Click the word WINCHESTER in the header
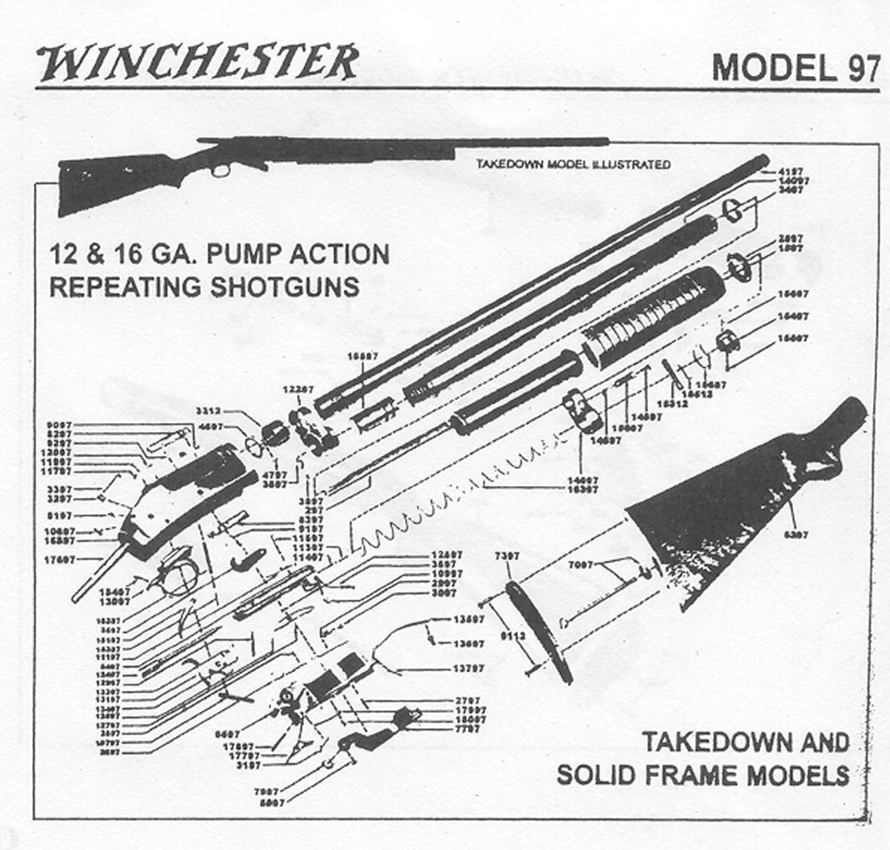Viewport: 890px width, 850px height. (197, 63)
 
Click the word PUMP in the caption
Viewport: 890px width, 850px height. (247, 255)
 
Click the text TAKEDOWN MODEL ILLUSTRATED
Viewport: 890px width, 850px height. (573, 165)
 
